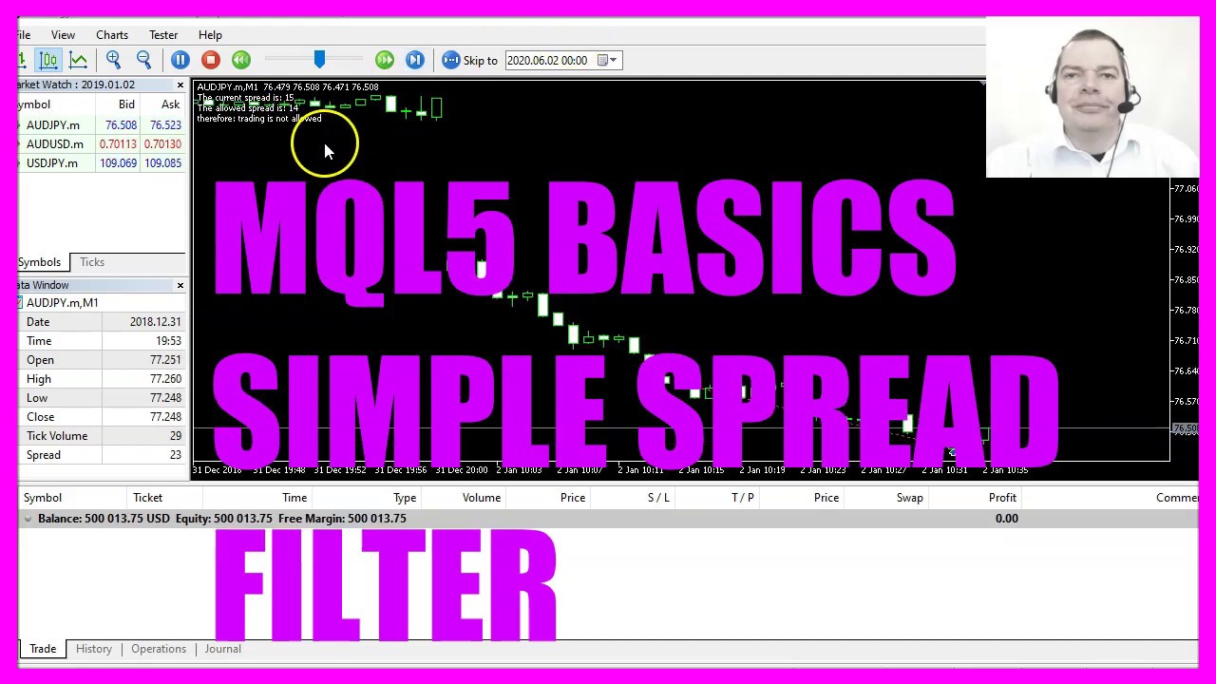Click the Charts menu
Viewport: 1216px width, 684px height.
[x=111, y=35]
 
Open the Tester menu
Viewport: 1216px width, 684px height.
[x=163, y=35]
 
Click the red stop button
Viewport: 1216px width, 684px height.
[x=211, y=60]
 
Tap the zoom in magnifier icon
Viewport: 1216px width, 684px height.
[x=113, y=60]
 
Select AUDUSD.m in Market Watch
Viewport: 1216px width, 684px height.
[x=55, y=144]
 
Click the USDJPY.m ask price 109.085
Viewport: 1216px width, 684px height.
[x=162, y=163]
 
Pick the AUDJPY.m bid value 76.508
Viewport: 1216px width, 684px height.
[x=121, y=125]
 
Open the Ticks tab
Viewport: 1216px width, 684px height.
[x=92, y=262]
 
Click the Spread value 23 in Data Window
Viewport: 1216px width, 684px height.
[x=175, y=455]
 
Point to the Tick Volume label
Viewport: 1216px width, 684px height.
[x=57, y=436]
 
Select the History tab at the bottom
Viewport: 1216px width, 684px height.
[x=94, y=649]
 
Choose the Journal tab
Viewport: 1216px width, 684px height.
[x=222, y=649]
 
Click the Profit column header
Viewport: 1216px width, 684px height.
[x=1002, y=498]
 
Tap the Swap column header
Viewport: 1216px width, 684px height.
[x=909, y=498]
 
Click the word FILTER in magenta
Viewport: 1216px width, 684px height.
[x=385, y=584]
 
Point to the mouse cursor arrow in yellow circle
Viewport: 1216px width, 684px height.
[x=328, y=151]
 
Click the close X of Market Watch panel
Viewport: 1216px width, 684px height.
[x=180, y=85]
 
